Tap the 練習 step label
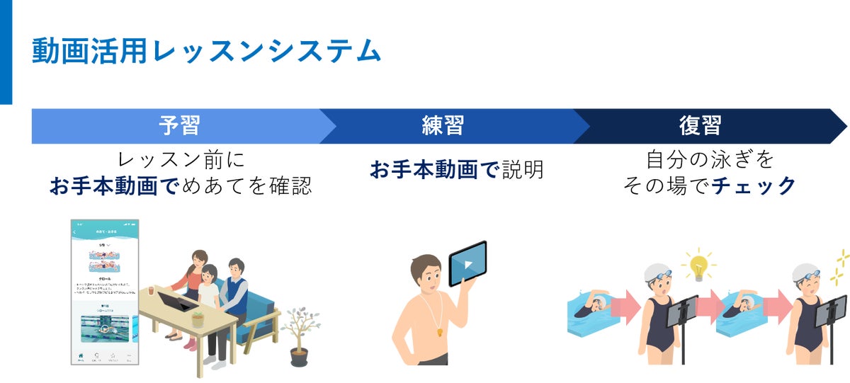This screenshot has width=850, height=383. coord(443,125)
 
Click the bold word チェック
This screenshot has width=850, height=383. coord(754,186)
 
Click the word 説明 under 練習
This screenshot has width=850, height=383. coord(523,170)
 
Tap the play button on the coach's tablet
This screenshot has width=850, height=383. coord(468,265)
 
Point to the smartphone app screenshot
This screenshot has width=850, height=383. coord(104,292)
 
